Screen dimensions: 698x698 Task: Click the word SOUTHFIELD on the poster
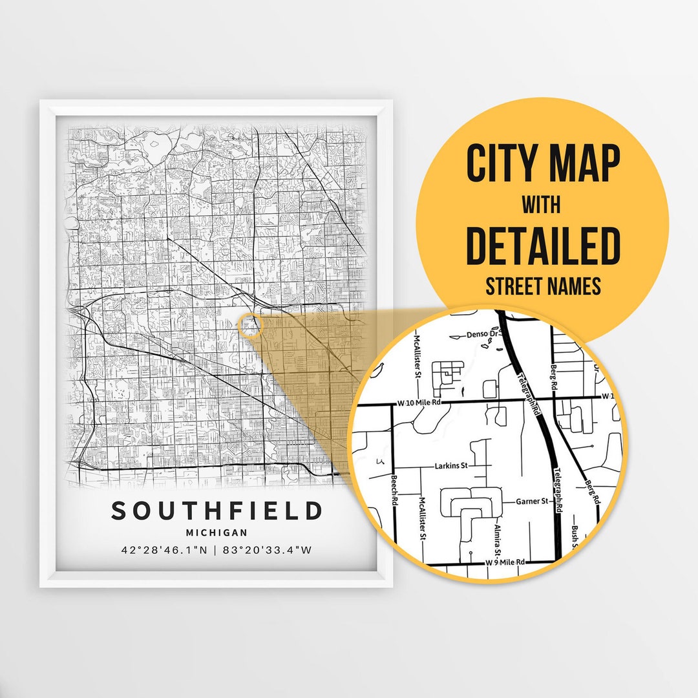click(217, 511)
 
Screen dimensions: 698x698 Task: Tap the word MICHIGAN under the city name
click(217, 533)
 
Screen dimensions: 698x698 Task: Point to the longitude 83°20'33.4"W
click(270, 551)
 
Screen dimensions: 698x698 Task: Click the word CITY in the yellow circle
click(502, 164)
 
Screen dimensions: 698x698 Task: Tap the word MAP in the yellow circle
click(584, 164)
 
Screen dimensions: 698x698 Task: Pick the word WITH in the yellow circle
click(542, 206)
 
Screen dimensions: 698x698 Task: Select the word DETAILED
click(543, 246)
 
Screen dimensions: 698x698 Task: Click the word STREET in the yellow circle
click(514, 286)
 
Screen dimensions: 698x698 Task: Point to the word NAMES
click(576, 286)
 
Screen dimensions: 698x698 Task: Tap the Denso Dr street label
click(481, 335)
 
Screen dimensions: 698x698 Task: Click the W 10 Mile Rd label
click(419, 403)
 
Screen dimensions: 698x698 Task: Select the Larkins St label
click(451, 465)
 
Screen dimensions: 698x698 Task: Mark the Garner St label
click(532, 501)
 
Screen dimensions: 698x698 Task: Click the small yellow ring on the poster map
click(249, 325)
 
